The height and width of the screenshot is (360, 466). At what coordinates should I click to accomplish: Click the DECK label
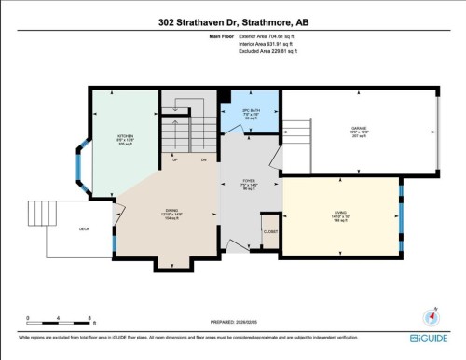pyautogui.click(x=83, y=228)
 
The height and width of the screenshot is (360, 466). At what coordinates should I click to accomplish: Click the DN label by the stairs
pyautogui.click(x=202, y=159)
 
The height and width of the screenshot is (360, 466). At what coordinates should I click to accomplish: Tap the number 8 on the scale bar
pyautogui.click(x=89, y=318)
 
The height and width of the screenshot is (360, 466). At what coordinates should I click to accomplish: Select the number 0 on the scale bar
pyautogui.click(x=29, y=318)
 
